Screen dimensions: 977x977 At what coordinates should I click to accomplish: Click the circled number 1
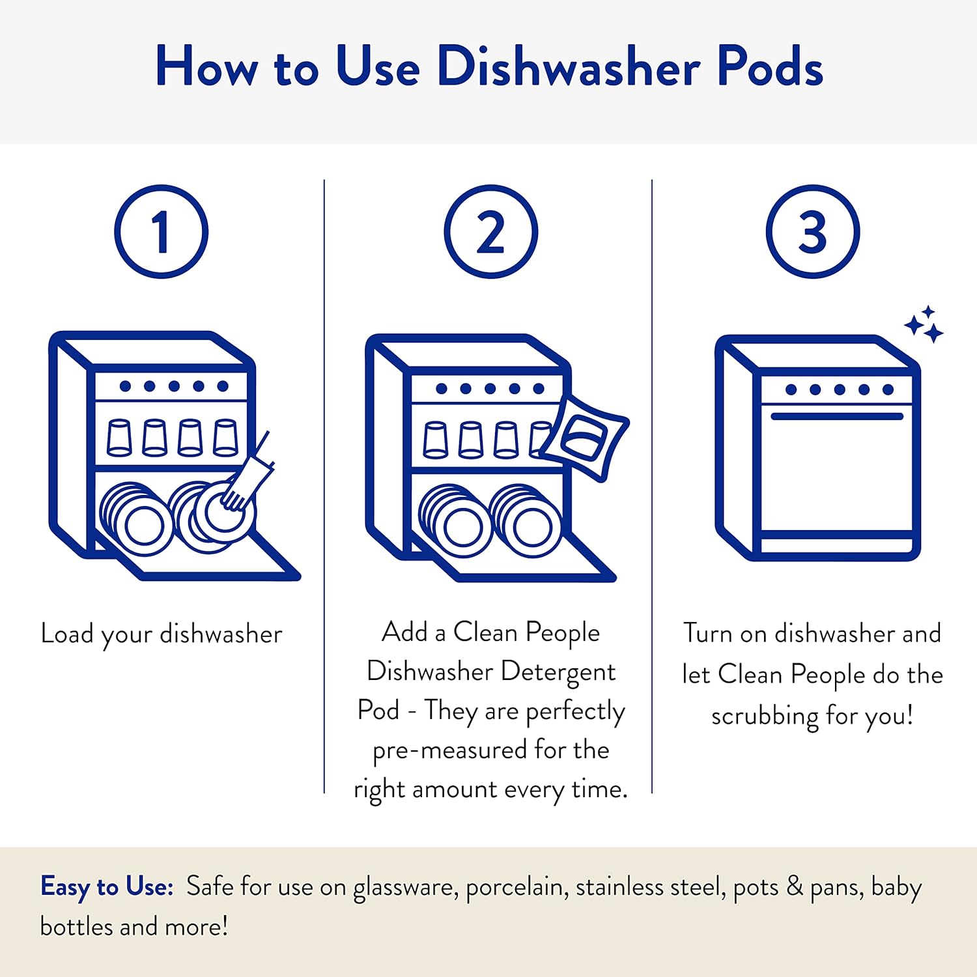[x=161, y=232]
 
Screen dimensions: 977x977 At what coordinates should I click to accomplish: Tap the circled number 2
[x=490, y=232]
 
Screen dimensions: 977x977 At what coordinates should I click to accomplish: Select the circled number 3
[x=812, y=232]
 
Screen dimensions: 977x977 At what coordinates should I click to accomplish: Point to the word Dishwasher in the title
[x=569, y=66]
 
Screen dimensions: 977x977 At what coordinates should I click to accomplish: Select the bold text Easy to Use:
[x=107, y=887]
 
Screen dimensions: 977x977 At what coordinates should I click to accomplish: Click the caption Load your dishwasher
[x=162, y=634]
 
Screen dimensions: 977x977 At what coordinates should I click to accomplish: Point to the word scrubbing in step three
[x=765, y=716]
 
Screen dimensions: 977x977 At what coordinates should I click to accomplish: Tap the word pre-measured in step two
[x=449, y=750]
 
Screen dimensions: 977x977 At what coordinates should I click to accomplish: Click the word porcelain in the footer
[x=515, y=888]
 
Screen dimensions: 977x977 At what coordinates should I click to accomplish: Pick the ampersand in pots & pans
[x=795, y=886]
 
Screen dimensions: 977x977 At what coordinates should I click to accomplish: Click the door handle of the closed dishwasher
[x=837, y=416]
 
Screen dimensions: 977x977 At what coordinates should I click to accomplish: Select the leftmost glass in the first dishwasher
[x=119, y=438]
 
